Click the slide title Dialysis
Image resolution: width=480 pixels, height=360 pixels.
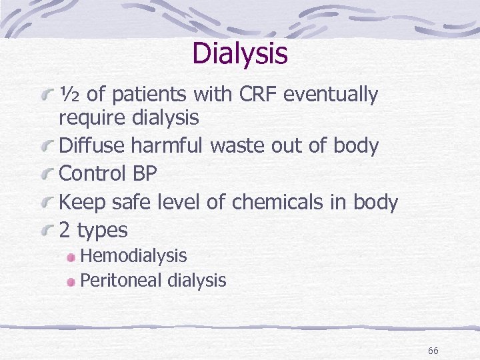pos(240,53)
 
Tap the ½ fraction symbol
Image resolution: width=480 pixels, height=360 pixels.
pos(70,95)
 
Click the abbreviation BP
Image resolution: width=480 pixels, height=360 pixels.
pos(145,173)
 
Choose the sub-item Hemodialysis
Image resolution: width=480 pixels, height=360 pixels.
pos(133,256)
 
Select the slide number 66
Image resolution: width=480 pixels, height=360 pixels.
pos(433,351)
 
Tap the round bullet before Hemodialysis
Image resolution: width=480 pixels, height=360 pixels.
pos(72,257)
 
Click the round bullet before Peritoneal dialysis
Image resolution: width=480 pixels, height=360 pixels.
pos(72,281)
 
